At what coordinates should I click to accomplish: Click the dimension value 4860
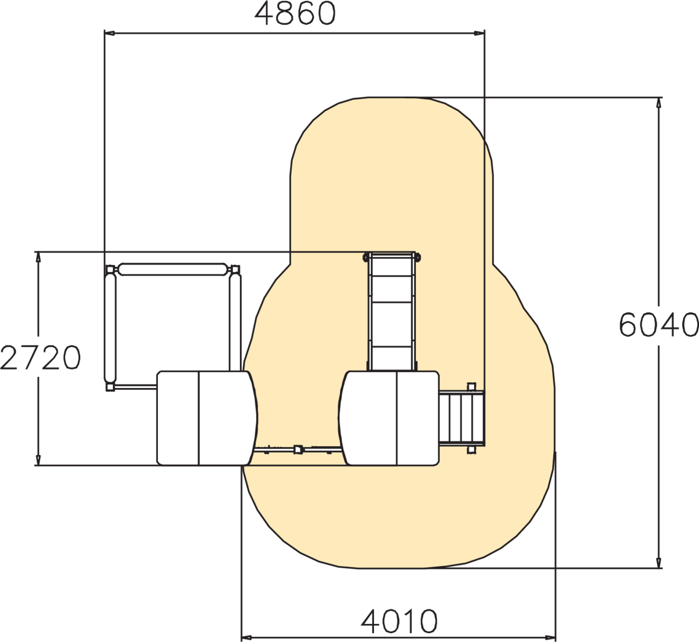(295, 13)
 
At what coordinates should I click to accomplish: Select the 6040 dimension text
(659, 325)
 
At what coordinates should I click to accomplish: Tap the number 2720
(40, 358)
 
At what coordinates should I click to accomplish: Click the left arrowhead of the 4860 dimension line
(110, 33)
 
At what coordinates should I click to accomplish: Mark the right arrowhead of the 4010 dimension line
(550, 638)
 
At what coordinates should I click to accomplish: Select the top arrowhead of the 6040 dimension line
(658, 103)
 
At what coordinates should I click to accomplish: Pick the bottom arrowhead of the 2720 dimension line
(38, 460)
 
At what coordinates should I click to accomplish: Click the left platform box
(207, 418)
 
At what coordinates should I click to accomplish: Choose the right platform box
(389, 418)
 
